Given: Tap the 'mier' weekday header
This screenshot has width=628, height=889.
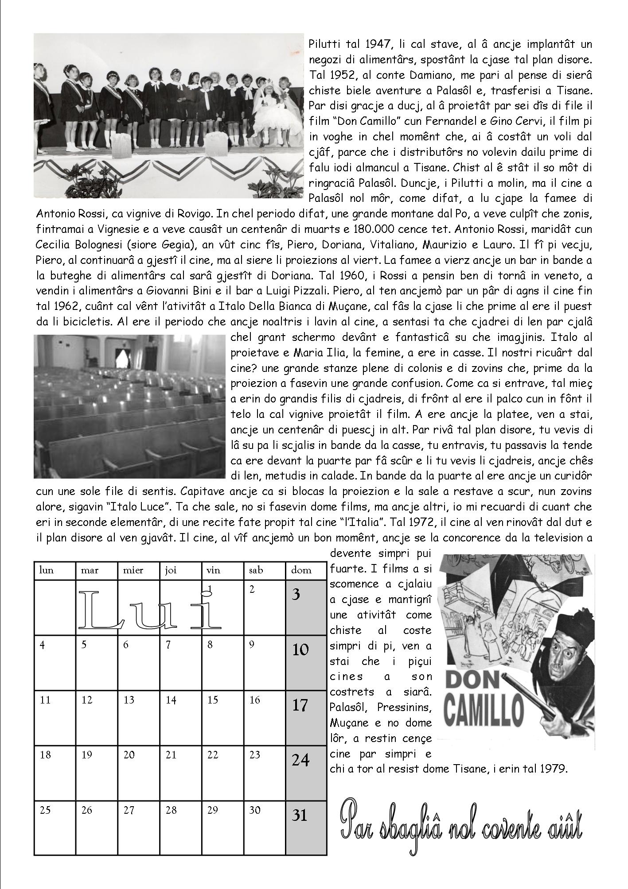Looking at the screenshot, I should pos(138,570).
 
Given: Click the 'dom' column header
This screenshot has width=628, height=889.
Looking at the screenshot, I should pos(306,570).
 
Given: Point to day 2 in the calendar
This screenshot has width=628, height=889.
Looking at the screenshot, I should pos(264,608).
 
